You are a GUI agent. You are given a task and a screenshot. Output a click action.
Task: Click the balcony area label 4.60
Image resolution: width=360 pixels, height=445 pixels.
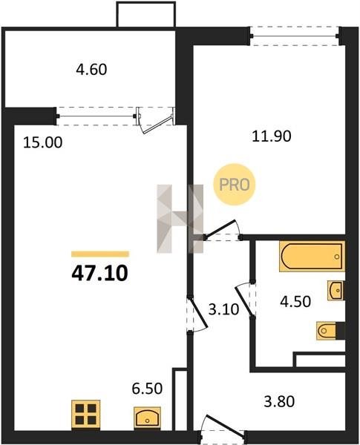click(91, 70)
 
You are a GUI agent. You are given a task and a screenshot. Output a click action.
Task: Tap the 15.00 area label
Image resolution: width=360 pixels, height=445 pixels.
click(42, 142)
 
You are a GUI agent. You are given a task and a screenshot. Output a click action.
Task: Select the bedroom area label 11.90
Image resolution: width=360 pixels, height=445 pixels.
click(272, 136)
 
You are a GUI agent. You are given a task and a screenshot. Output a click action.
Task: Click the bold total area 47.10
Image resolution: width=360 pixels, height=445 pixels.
click(99, 274)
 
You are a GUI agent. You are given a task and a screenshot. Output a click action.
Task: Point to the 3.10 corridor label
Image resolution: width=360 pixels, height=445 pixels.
click(223, 309)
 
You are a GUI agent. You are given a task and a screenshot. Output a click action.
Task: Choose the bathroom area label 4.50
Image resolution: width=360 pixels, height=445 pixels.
click(295, 302)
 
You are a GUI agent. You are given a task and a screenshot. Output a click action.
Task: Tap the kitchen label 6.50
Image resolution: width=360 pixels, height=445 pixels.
click(147, 389)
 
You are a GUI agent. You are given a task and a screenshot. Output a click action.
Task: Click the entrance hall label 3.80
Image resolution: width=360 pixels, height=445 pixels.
click(279, 402)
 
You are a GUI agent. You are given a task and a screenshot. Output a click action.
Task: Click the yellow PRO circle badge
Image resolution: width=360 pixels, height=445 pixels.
click(235, 185)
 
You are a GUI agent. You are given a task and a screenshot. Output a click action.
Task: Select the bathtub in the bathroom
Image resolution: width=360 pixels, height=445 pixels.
click(312, 257)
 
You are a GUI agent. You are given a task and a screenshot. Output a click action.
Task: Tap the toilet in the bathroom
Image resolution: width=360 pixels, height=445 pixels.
click(327, 331)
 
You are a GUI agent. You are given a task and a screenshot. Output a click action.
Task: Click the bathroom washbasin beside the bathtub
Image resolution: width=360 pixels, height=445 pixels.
click(336, 290)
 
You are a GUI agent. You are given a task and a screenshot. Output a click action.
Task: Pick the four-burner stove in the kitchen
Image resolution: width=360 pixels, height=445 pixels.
click(86, 415)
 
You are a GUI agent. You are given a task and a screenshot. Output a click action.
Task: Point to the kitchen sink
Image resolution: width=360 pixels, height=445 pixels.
click(147, 418)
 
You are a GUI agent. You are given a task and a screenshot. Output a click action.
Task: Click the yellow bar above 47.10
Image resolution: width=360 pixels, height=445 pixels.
click(100, 254)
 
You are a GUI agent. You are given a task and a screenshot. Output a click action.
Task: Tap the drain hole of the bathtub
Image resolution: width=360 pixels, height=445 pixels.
click(337, 257)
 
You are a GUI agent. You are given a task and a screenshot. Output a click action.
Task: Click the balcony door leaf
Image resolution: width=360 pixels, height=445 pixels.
click(157, 125)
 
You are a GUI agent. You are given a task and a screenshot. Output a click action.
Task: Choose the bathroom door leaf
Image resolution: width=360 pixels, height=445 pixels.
click(244, 301)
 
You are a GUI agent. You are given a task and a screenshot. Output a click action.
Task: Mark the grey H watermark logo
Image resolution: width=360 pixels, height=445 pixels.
click(180, 219)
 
